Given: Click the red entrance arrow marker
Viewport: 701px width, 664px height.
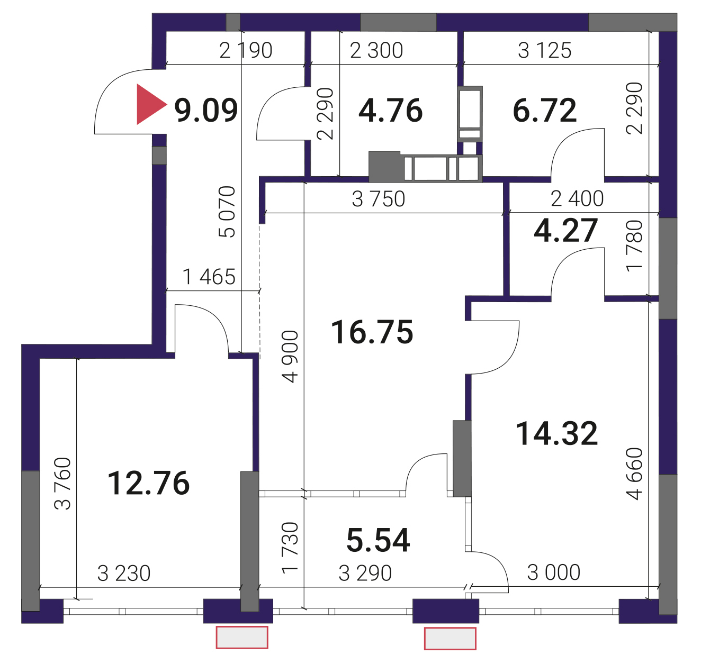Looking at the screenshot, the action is [150, 104].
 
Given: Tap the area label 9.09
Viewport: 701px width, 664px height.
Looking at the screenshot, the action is [206, 110].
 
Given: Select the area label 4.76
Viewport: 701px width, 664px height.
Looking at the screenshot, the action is [390, 111].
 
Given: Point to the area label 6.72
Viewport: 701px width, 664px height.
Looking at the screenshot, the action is [544, 111].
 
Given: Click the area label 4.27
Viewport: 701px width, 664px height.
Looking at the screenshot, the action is [565, 231].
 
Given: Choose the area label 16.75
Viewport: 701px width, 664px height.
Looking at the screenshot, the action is [372, 332].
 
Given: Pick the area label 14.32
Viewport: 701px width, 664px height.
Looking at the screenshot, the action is [556, 433].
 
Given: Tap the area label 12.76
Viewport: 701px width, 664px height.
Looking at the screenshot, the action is [148, 483].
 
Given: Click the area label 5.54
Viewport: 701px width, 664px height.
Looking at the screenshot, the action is [378, 540].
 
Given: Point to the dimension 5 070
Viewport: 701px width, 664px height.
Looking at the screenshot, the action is [227, 212].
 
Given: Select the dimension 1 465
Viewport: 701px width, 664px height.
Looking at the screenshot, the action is [209, 277].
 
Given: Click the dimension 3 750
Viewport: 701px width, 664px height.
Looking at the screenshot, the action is [379, 199].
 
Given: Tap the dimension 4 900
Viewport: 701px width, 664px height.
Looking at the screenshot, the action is [290, 357].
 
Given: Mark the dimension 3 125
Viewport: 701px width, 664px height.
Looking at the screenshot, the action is [544, 50].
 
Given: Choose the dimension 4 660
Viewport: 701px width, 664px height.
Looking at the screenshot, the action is [634, 474].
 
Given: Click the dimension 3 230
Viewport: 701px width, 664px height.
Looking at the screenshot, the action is [124, 574].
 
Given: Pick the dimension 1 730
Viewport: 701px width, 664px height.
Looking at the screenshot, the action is [290, 548].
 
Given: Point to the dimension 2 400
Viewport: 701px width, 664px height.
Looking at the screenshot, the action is [577, 198].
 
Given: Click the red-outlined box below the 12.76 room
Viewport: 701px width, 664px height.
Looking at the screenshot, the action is [242, 637].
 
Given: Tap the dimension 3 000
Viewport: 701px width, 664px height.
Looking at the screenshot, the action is [553, 572].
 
